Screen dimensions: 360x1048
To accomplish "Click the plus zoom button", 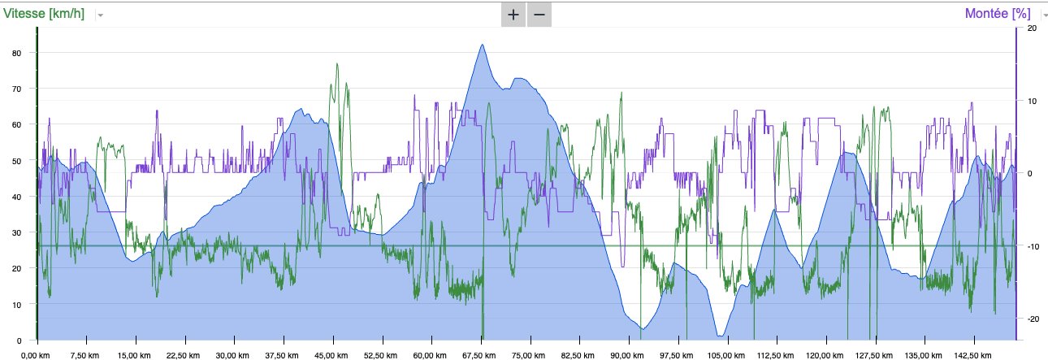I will coord(513,15).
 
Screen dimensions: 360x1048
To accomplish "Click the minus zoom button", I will coord(539,15).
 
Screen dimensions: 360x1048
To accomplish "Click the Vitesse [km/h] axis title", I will coord(47,14).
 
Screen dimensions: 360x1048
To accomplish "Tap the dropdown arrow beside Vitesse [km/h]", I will coord(100,15).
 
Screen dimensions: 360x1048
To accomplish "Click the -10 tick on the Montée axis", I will coord(1033,246).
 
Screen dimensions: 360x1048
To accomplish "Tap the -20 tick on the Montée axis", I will coord(1033,319).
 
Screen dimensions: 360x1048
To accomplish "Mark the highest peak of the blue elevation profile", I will coord(482,45).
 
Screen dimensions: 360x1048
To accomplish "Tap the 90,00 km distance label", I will coord(626,354).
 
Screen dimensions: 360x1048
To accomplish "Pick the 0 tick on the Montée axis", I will coord(1030,174).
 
